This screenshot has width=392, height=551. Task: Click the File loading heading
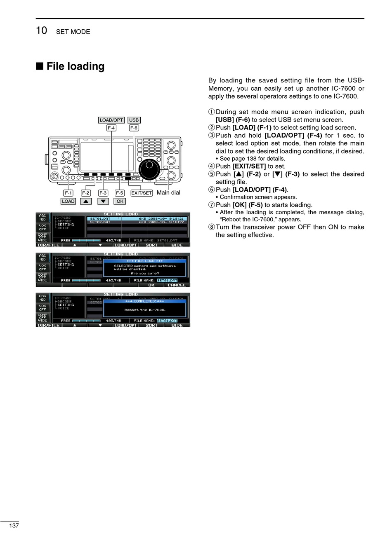pos(75,66)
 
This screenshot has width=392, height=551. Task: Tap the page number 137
pos(14,525)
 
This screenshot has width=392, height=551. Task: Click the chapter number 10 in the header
pos(41,30)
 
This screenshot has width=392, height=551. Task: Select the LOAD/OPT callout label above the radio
pos(111,120)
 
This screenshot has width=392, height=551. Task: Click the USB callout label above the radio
pos(134,120)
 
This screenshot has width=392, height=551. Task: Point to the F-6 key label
pos(134,128)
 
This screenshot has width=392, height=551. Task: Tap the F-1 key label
pos(68,193)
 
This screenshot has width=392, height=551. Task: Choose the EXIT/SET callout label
pos(142,193)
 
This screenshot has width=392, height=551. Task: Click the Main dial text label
pos(168,192)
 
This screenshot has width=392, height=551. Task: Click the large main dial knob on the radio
pos(149,169)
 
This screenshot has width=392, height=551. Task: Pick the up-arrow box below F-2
pos(86,201)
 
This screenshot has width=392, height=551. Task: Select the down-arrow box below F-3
pos(103,201)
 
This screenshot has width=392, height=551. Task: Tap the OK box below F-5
pos(120,201)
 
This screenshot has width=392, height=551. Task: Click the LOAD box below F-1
pos(68,201)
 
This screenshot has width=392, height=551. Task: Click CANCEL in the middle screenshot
pos(176,285)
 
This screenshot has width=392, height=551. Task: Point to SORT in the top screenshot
pos(151,245)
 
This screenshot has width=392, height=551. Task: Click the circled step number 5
pos(212,174)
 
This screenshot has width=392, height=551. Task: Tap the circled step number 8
pos(212,227)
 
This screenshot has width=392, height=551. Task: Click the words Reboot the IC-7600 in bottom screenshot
pos(145,309)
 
